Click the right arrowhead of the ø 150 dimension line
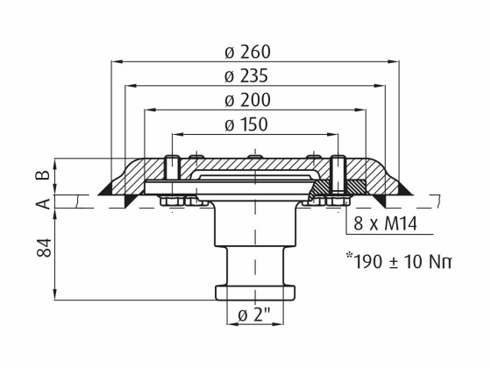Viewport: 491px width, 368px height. tap(333, 135)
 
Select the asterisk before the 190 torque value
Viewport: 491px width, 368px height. tap(350, 255)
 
